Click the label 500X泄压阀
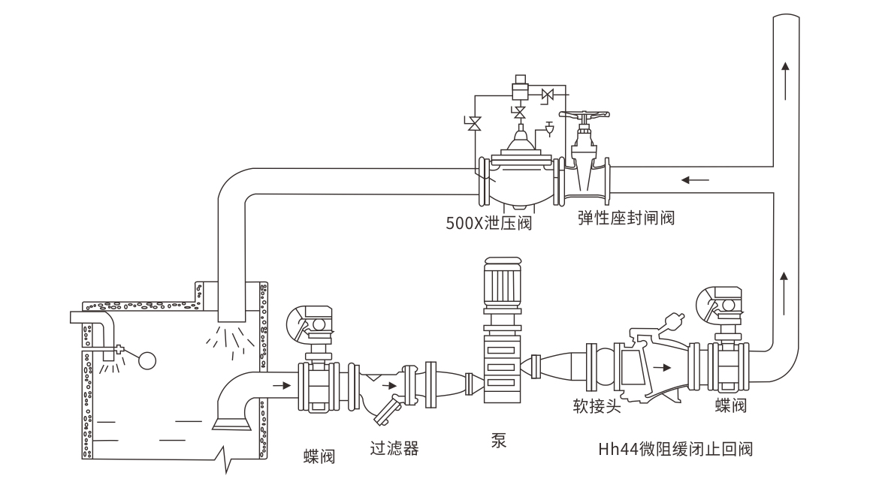click(488, 223)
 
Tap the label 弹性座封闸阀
click(626, 218)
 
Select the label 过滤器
click(394, 450)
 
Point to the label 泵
click(498, 440)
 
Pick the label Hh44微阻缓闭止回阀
click(675, 450)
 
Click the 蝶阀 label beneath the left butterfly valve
click(319, 455)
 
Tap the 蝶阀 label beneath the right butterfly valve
click(730, 406)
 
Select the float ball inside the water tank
click(147, 360)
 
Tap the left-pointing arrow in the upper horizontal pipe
click(694, 180)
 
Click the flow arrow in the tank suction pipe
click(282, 386)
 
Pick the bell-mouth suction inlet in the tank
click(231, 423)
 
